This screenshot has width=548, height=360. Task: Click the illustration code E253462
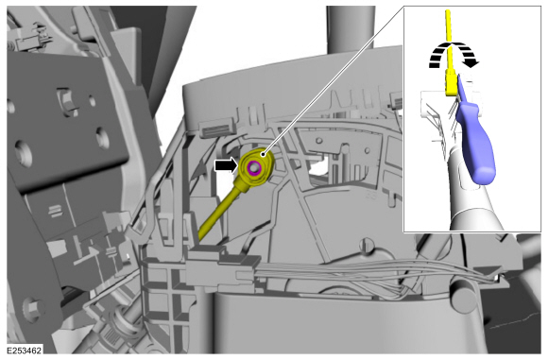[25, 351]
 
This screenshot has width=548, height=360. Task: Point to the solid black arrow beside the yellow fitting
[226, 165]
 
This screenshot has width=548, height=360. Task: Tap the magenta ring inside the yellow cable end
[253, 168]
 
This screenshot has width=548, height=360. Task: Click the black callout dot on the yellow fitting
[264, 153]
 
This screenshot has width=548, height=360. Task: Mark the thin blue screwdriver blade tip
[458, 78]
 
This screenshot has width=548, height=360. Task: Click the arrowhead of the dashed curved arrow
[471, 63]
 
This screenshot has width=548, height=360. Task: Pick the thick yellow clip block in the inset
[451, 82]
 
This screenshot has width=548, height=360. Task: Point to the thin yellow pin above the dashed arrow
[449, 39]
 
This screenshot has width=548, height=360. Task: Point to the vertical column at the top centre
[351, 29]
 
